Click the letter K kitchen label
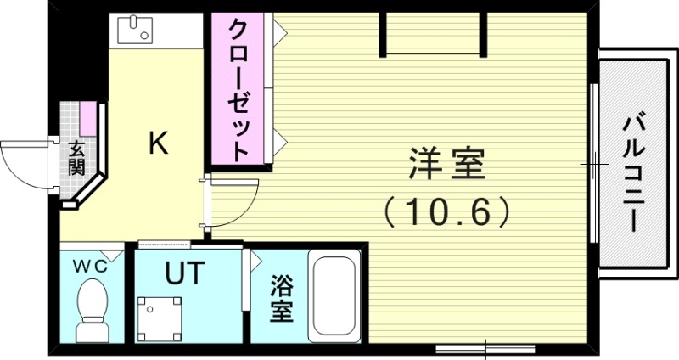coord(158,143)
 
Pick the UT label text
coord(184,273)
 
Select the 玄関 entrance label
coord(76,156)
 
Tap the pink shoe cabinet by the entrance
coord(86,115)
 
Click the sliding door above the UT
coord(184,245)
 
